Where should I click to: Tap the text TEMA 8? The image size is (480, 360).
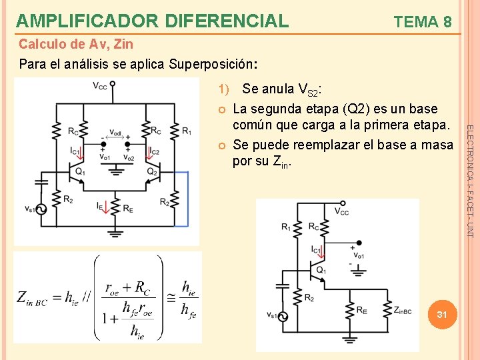click(x=423, y=22)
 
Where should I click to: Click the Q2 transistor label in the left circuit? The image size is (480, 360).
click(x=153, y=172)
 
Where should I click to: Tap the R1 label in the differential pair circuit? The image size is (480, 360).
click(x=187, y=130)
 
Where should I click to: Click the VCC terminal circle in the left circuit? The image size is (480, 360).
click(x=113, y=85)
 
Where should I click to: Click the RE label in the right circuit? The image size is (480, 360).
click(x=361, y=310)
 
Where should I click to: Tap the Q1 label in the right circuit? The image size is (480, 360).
click(x=321, y=270)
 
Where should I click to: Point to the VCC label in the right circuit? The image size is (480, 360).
click(x=341, y=212)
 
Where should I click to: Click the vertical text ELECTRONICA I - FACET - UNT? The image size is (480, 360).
click(x=469, y=180)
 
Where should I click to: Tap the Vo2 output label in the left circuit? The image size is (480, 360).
click(x=129, y=158)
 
